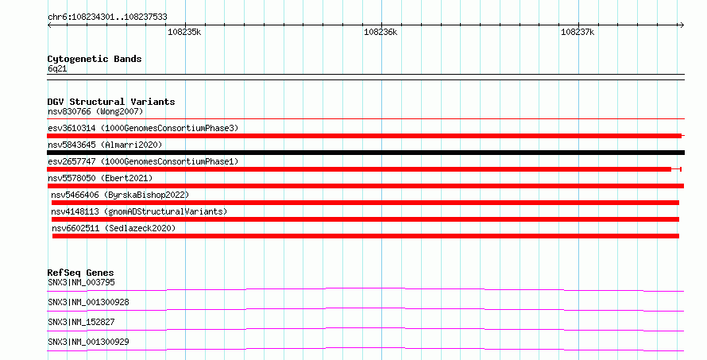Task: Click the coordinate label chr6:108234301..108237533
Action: coord(107,17)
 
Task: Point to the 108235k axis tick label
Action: coord(184,32)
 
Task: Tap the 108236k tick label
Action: coord(381,32)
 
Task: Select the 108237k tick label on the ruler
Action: coord(578,32)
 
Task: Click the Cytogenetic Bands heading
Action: coord(95,59)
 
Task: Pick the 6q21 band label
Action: coord(57,68)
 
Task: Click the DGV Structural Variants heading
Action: coord(111,102)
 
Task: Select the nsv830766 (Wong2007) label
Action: coord(95,111)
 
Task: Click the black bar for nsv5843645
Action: coord(365,153)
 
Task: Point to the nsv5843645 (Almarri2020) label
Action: coord(105,145)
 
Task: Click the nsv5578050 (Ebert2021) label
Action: coord(100,178)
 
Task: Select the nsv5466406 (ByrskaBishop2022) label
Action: coord(120,195)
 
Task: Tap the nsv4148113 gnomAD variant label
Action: coord(139,211)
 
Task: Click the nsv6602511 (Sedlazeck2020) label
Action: coord(114,228)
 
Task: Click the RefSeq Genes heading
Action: coord(80,273)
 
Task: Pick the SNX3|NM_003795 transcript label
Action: coord(81,282)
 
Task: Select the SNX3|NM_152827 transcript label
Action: coord(81,322)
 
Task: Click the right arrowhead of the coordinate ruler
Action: coord(682,25)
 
